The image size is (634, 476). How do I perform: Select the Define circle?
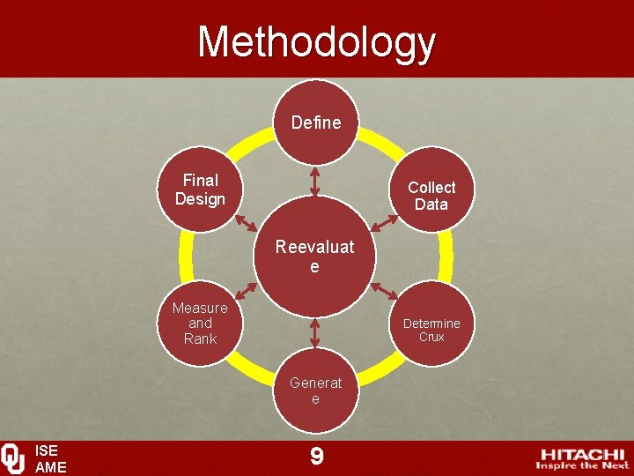(x=315, y=123)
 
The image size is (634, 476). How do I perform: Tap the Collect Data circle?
(x=431, y=195)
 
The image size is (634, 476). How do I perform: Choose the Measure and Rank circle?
(x=200, y=323)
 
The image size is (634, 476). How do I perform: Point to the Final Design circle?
(x=200, y=190)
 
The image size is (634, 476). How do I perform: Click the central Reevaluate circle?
(x=315, y=256)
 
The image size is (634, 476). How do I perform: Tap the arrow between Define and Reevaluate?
(x=315, y=181)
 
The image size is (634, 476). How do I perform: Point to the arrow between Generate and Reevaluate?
(x=315, y=332)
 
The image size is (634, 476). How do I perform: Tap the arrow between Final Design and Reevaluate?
(x=247, y=221)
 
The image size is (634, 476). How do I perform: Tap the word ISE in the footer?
(x=46, y=450)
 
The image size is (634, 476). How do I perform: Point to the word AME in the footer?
(x=50, y=467)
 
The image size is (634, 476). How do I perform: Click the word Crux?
(x=431, y=337)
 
